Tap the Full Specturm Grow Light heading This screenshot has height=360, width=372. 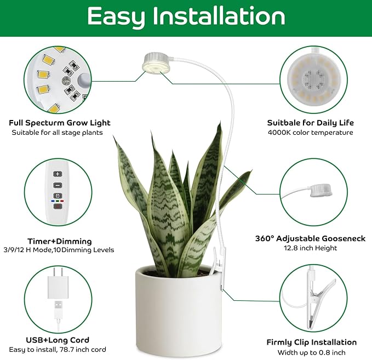[60, 123]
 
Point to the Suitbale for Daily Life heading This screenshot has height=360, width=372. [310, 123]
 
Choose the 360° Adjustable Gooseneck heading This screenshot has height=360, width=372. [310, 239]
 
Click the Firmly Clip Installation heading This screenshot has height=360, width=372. [311, 342]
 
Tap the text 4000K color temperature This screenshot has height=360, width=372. [310, 133]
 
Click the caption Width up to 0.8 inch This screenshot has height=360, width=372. [311, 352]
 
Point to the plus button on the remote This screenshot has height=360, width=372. [58, 174]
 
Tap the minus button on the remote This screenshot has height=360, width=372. [58, 184]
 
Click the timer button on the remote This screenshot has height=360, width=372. [58, 195]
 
